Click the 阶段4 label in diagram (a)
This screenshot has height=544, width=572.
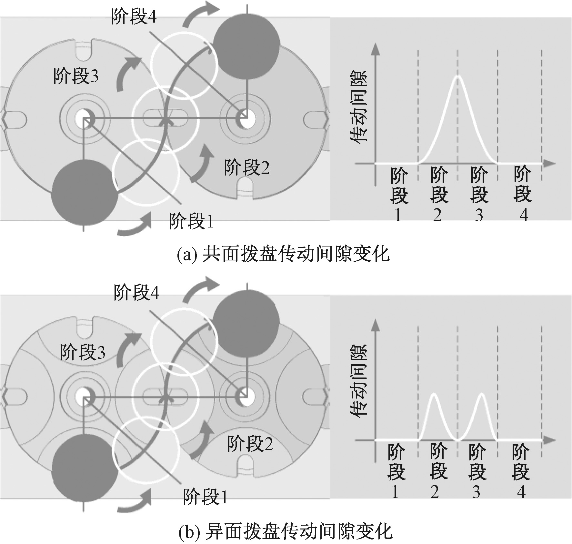tap(134, 16)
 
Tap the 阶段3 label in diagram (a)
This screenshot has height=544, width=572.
tap(76, 76)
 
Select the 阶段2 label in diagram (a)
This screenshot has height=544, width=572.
tap(246, 168)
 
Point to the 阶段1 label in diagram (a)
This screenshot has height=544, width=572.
tap(191, 221)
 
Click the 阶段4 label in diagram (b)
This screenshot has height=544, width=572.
tap(136, 293)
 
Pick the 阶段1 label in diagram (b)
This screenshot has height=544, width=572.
tap(205, 497)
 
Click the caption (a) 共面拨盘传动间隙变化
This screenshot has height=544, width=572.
tap(283, 255)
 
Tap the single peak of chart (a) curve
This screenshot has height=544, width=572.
tap(457, 76)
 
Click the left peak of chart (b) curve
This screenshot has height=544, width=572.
tap(434, 394)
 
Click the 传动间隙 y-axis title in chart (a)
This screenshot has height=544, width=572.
tap(359, 106)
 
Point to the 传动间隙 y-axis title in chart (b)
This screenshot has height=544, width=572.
tap(359, 383)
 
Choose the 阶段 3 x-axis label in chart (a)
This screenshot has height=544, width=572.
tap(479, 194)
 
